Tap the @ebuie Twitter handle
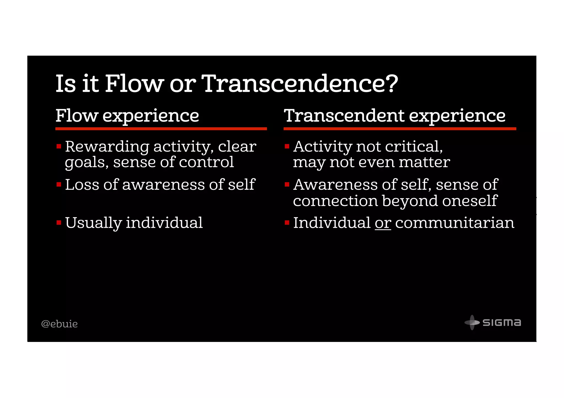pos(59,324)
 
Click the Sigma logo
pos(493,322)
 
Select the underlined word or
pos(383,223)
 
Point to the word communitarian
pos(454,223)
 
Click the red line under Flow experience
pos(161,128)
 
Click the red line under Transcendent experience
pos(400,128)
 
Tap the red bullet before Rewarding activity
pos(59,146)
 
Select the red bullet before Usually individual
pos(59,222)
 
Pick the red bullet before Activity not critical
pos(287,146)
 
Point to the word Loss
pos(82,185)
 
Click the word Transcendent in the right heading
pos(344,116)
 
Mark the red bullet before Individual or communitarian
pos(287,222)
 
